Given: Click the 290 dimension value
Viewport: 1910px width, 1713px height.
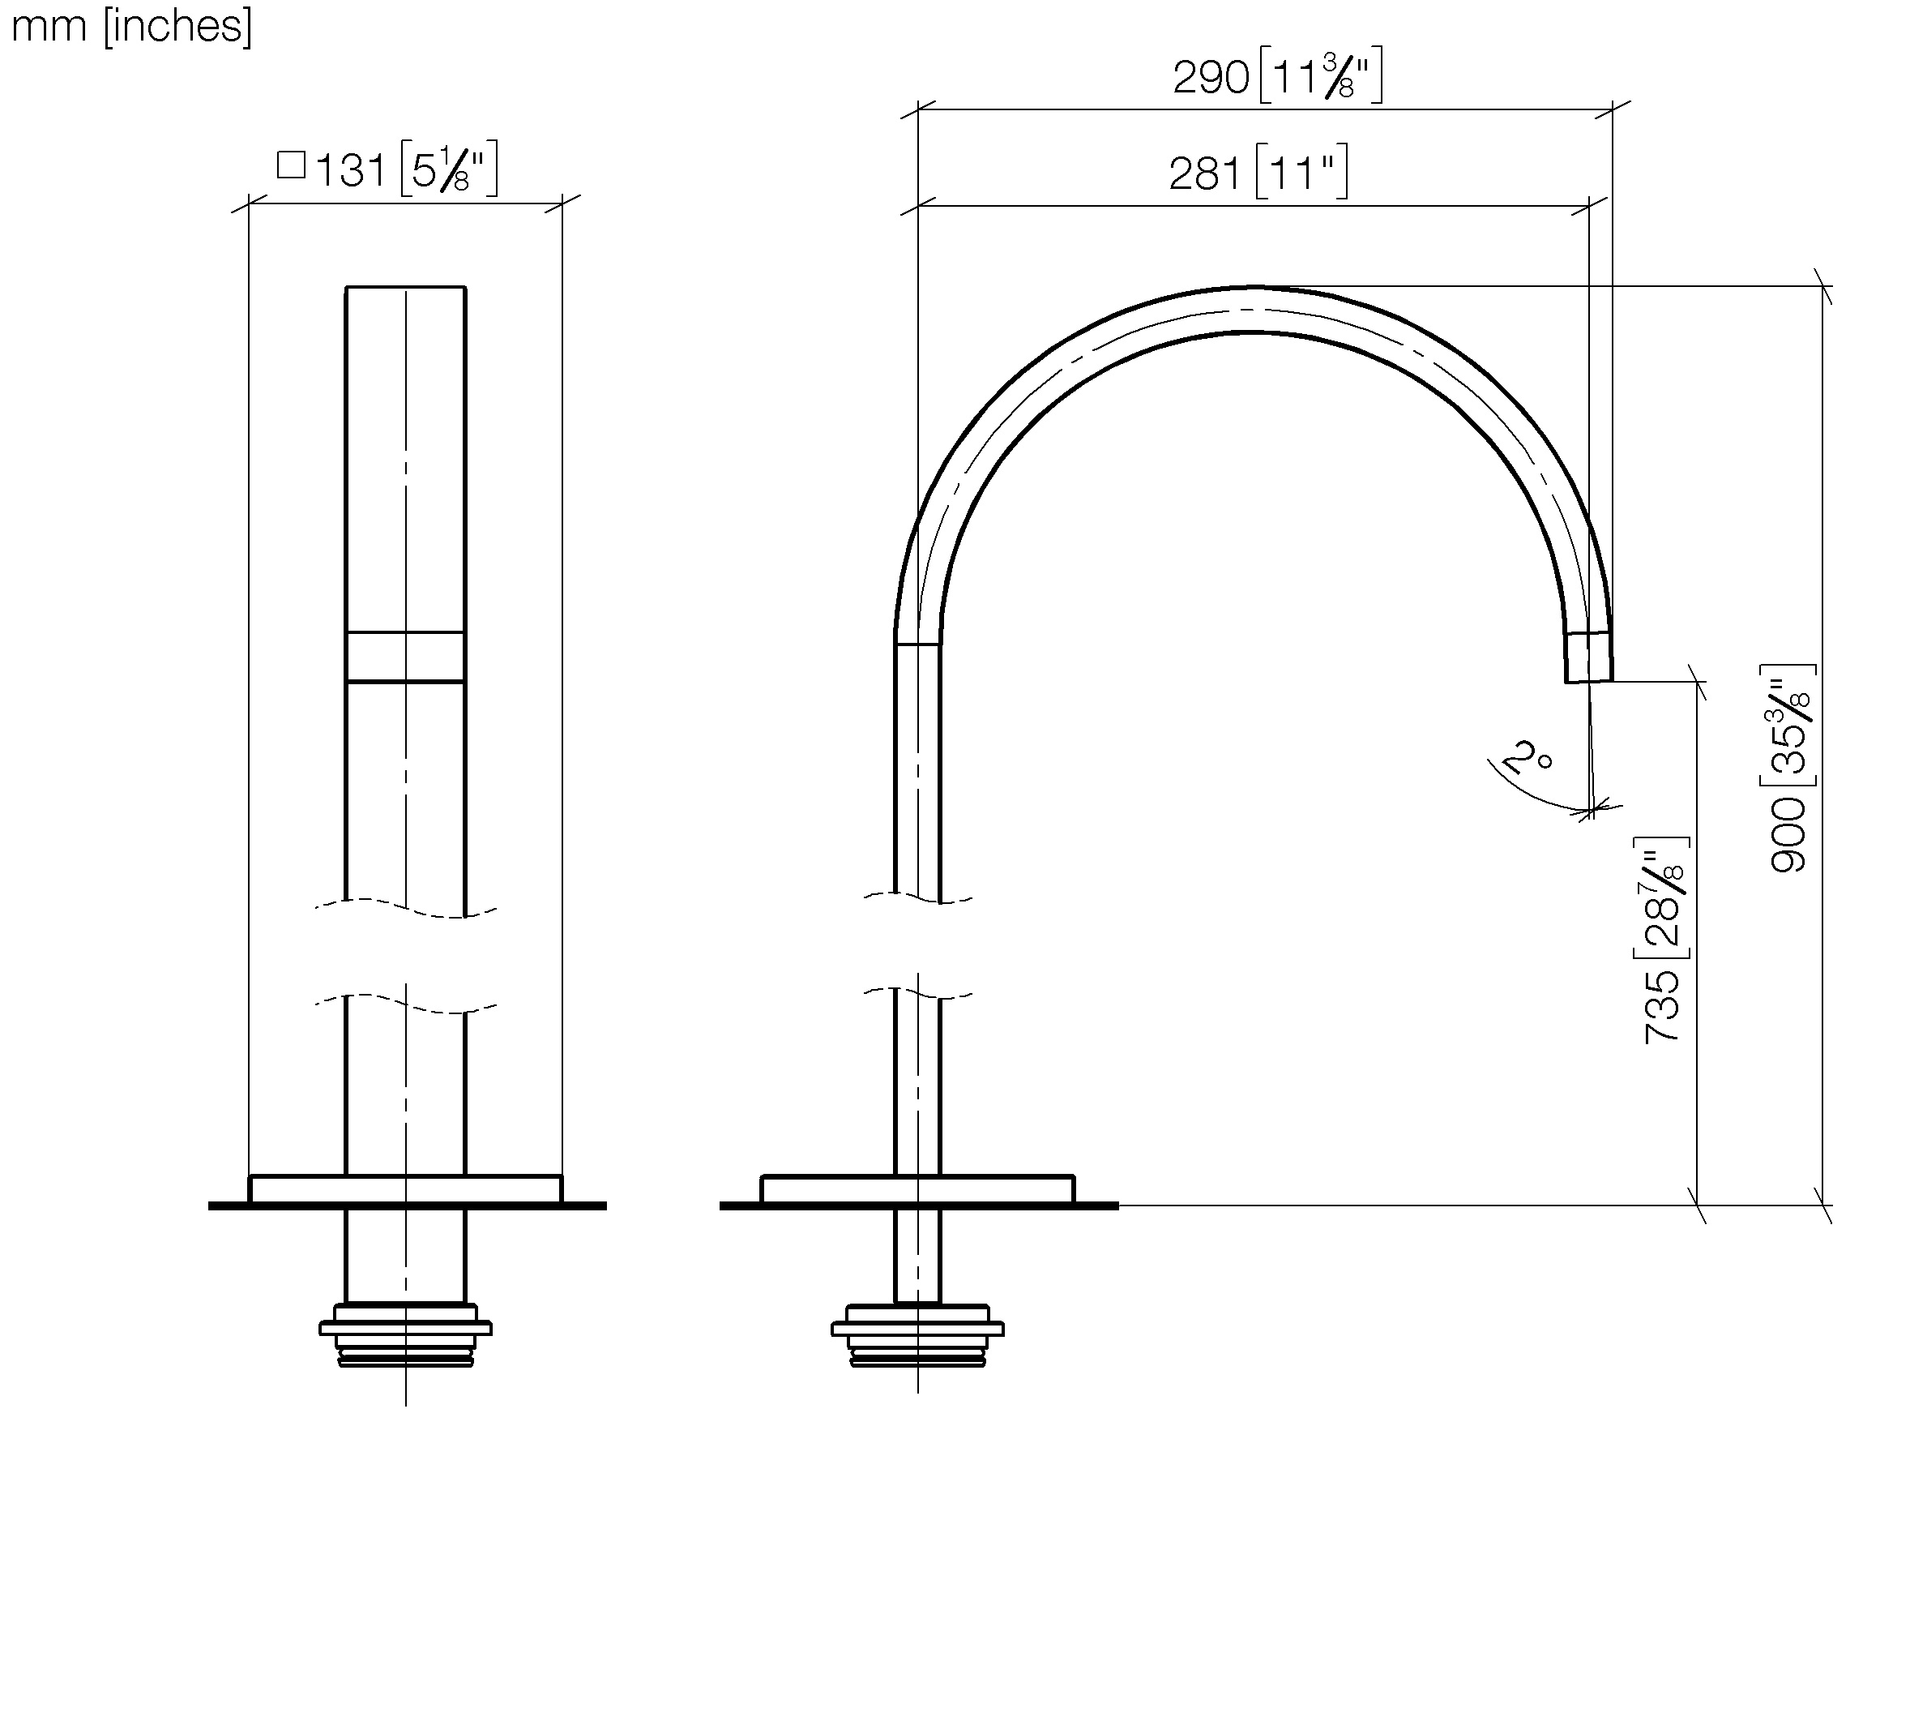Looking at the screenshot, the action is pyautogui.click(x=1210, y=78).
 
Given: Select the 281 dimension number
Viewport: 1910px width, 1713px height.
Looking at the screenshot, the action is pyautogui.click(x=1207, y=175).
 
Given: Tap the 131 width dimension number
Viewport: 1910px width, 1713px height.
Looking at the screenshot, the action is pyautogui.click(x=350, y=172).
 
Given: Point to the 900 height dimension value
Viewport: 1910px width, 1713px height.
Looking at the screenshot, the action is pyautogui.click(x=1788, y=835).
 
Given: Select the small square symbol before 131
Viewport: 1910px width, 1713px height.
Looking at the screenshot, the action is pyautogui.click(x=292, y=165).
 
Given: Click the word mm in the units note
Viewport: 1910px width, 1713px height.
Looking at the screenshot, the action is pyautogui.click(x=49, y=28).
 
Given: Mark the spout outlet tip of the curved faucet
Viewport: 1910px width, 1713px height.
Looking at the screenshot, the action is pyautogui.click(x=1588, y=679).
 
